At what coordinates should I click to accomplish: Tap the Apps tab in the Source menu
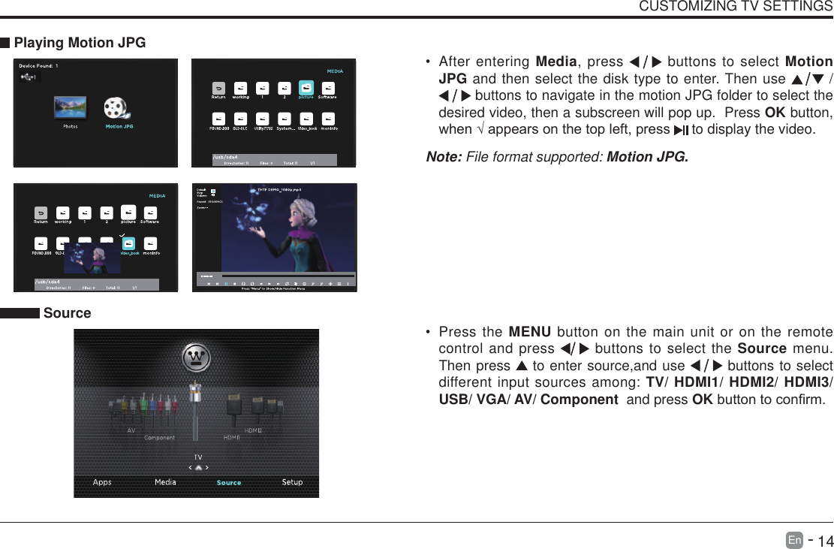[x=102, y=482]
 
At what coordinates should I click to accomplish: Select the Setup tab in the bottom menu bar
[x=292, y=482]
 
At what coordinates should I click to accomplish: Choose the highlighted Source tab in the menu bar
[x=229, y=483]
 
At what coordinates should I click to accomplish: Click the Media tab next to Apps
[x=165, y=482]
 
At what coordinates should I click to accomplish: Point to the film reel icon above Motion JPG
[x=117, y=108]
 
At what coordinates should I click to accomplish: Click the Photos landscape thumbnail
[x=70, y=107]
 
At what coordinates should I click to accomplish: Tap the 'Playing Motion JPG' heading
[x=80, y=43]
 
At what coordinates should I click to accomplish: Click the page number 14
[x=825, y=541]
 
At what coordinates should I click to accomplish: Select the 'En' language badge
[x=794, y=540]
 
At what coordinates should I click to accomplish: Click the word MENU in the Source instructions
[x=529, y=332]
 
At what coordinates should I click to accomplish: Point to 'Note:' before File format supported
[x=444, y=157]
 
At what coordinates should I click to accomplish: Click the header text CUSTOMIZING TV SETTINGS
[x=735, y=7]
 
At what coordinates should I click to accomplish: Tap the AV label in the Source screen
[x=131, y=431]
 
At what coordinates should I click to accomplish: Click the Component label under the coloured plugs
[x=159, y=438]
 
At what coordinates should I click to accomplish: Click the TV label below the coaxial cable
[x=198, y=457]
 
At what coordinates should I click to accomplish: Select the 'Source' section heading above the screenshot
[x=67, y=313]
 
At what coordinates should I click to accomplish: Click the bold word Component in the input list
[x=579, y=399]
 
